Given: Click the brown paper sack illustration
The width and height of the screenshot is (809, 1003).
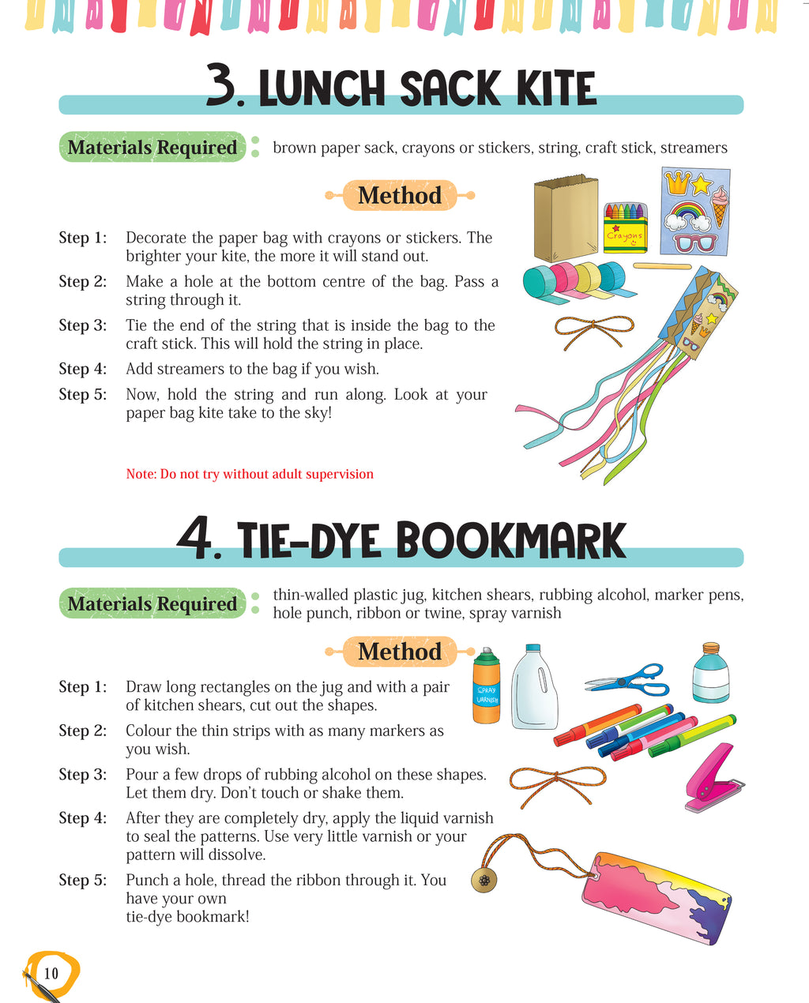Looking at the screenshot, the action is [566, 218].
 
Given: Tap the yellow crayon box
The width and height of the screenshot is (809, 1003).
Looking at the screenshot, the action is [625, 228].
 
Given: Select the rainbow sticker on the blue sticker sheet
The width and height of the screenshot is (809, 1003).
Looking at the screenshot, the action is [687, 216].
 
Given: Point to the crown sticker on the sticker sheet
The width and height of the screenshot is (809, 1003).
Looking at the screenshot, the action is [677, 182].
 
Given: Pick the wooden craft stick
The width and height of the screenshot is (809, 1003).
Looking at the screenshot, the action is [662, 266].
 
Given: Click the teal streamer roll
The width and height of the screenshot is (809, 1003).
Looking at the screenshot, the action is [540, 283].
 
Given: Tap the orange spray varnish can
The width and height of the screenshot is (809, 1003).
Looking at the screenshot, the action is [487, 686].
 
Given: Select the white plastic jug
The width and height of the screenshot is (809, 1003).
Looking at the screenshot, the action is [534, 686].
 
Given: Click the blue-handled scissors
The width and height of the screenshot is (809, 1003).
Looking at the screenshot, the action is [627, 681].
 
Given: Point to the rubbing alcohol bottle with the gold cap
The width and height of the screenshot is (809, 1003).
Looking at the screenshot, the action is [710, 673].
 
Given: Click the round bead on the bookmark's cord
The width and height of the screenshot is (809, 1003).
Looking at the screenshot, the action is [484, 881].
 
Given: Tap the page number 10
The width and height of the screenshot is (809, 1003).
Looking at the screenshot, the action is [51, 973].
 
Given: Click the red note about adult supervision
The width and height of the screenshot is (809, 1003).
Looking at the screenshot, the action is [250, 474].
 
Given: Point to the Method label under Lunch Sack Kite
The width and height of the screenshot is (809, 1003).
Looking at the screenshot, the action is [400, 195].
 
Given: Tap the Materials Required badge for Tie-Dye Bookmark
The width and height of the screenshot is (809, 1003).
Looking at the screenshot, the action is [152, 603].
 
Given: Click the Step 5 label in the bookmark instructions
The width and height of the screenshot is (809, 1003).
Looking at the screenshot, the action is [82, 880].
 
